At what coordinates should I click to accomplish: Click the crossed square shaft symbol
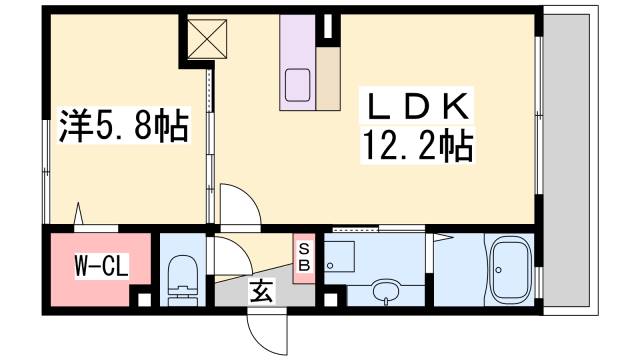pos(209,37)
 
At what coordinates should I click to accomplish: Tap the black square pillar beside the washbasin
pos(333,297)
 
